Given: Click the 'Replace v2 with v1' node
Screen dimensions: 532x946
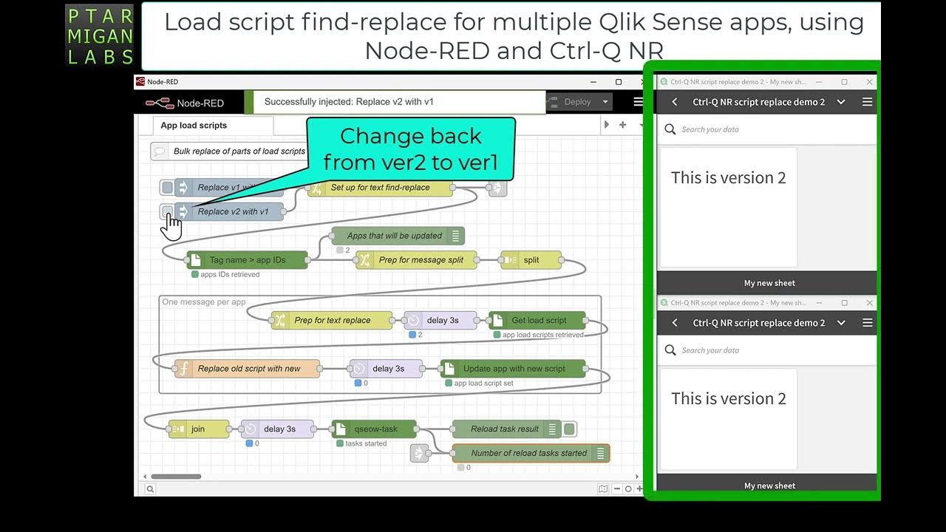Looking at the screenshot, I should click(x=233, y=212).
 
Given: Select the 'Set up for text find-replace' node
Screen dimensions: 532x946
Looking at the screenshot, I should click(x=380, y=188).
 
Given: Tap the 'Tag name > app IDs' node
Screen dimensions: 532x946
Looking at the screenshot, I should click(x=248, y=260).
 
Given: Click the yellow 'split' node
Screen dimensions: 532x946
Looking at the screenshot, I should click(x=531, y=260).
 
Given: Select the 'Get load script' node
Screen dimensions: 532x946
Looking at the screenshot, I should click(x=539, y=321).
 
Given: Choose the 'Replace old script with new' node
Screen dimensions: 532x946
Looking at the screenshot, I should click(x=248, y=369).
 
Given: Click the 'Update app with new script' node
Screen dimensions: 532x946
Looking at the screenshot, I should click(x=514, y=369).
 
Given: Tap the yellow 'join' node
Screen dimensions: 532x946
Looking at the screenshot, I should click(x=197, y=429).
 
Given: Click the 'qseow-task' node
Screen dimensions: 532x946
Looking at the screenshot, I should click(x=375, y=429).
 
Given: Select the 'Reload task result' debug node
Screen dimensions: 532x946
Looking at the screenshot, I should click(x=504, y=429).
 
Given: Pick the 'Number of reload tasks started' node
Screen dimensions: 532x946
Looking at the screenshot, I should click(x=528, y=454).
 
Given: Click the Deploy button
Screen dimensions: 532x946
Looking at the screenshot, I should click(x=577, y=102).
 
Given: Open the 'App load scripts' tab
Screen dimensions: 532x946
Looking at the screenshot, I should click(x=194, y=126).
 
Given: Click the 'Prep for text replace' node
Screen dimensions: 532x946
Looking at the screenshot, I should click(x=332, y=321).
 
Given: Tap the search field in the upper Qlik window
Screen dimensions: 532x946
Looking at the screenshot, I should click(x=769, y=129).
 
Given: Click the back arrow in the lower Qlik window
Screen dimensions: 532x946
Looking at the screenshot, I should click(x=675, y=323).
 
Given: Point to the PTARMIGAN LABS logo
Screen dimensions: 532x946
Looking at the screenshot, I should click(x=100, y=35).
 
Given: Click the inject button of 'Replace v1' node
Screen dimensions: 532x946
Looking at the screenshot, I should click(x=168, y=188).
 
